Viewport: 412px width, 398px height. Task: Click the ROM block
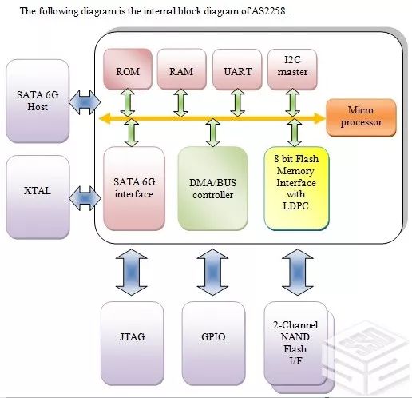tap(128, 69)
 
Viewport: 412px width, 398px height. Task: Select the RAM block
tap(182, 69)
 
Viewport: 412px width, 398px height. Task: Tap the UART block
tap(237, 69)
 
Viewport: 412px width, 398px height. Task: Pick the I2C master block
tap(292, 69)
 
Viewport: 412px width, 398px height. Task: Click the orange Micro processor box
tap(361, 117)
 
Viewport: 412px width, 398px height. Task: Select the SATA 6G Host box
tap(38, 101)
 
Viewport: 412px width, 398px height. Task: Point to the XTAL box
tap(38, 197)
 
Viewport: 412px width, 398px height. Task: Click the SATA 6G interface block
tap(134, 189)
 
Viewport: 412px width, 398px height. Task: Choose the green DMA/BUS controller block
tap(213, 189)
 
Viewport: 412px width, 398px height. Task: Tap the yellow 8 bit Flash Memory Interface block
tap(296, 189)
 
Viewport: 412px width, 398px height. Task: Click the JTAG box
tap(133, 344)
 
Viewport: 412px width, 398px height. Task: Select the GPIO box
tap(213, 344)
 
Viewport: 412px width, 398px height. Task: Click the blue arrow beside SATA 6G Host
tap(85, 102)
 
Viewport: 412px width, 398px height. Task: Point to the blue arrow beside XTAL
tap(85, 198)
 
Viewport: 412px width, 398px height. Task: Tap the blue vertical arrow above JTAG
tap(132, 272)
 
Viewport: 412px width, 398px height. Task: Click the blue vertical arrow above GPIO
tap(212, 272)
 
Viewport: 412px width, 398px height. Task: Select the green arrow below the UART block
tap(237, 102)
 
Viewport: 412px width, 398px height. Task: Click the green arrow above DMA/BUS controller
tap(213, 133)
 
